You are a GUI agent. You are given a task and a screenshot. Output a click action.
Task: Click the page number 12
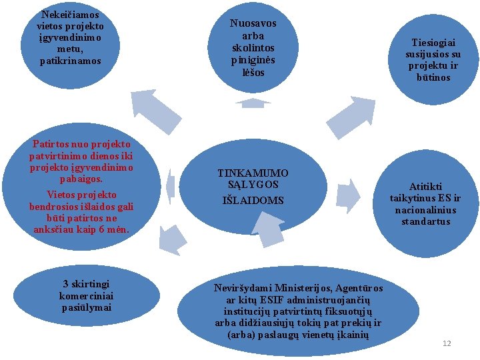click(447, 343)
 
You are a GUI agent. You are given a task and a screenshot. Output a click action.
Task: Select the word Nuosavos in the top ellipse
click(253, 23)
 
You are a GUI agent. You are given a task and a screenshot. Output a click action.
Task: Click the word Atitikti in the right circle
click(425, 187)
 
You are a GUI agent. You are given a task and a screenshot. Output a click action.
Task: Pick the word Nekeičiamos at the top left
click(70, 14)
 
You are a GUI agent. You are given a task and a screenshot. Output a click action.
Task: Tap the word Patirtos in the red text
click(49, 143)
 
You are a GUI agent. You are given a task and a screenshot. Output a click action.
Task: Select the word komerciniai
click(86, 295)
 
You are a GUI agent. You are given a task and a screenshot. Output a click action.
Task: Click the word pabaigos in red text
click(81, 179)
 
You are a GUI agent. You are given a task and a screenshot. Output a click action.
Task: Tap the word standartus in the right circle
click(425, 221)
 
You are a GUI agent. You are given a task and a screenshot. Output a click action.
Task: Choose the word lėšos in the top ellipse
click(253, 72)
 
